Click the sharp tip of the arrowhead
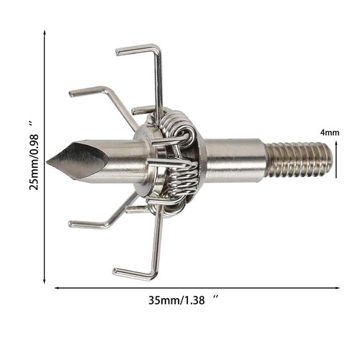pos(47,161)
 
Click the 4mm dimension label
pos(330,132)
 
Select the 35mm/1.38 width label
pos(176,300)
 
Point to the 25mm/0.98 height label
pos(34,163)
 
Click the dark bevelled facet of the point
pos(79,160)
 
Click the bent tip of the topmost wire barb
pos(117,52)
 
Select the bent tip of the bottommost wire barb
pos(114,271)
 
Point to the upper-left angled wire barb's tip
pos(71,94)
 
